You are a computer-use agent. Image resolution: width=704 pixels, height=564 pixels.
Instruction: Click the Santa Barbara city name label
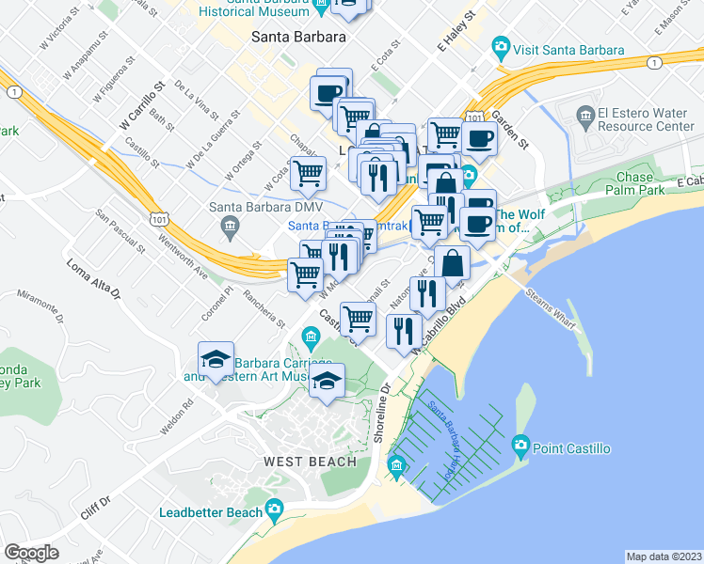coord(298,37)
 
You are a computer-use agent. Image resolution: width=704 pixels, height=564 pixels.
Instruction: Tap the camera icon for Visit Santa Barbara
coord(501,46)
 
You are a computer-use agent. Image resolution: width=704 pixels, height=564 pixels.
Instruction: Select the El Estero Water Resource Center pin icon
coord(584,117)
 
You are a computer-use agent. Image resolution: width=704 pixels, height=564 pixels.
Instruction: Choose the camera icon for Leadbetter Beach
coord(274,510)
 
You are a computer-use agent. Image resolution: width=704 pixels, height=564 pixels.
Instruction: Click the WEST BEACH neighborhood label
coord(310,462)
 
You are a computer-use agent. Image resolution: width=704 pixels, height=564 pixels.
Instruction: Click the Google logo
coord(32,553)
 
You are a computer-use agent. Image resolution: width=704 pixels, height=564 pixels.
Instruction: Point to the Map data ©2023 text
coord(664,556)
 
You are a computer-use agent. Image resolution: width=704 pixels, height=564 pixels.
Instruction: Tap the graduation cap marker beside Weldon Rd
coord(216,359)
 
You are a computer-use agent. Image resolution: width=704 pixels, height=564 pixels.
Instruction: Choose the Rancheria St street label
coord(264,305)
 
